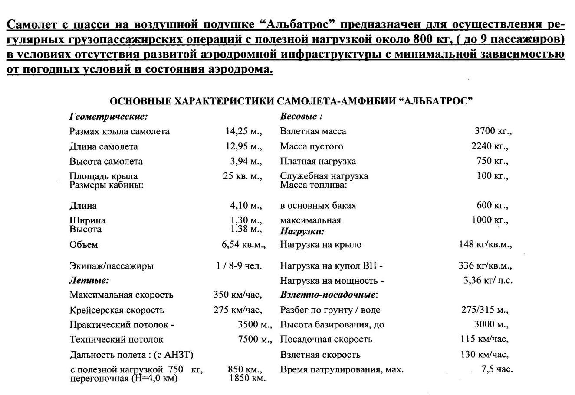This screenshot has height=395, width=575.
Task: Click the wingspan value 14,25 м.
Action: (243, 131)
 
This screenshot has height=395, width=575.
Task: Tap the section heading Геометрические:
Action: (108, 117)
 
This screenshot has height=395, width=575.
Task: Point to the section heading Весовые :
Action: (301, 117)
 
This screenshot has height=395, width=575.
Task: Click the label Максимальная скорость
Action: (121, 295)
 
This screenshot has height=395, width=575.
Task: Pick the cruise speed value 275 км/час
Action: (238, 310)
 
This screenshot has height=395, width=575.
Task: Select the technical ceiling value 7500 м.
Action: (255, 340)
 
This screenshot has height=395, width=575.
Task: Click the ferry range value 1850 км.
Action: (247, 378)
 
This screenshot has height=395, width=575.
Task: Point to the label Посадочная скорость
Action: (326, 340)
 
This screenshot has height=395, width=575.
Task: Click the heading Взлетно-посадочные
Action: (328, 295)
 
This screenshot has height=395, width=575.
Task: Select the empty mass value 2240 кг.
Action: (490, 146)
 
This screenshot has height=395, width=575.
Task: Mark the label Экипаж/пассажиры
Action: (111, 266)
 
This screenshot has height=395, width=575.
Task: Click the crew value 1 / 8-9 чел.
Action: (239, 266)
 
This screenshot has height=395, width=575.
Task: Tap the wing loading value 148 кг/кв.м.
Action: (485, 244)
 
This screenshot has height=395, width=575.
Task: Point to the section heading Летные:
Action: (89, 281)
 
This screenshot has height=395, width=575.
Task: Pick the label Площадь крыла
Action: (103, 176)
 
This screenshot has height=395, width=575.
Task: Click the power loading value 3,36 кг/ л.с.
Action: (488, 280)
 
